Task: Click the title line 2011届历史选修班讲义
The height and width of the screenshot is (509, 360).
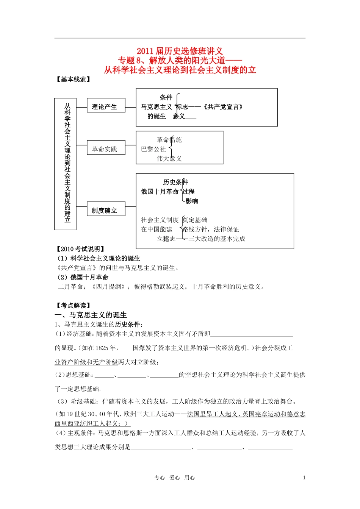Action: coord(180,51)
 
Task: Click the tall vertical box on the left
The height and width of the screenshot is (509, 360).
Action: coord(66,164)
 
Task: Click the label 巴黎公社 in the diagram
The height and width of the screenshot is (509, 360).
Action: coord(153,149)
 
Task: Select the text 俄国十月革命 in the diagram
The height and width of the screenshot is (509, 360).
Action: coord(160,192)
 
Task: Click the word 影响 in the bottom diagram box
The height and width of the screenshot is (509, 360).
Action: coord(192,201)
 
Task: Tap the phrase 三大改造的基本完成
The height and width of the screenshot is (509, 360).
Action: coord(217,239)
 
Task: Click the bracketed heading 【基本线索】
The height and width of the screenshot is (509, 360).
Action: coord(74,79)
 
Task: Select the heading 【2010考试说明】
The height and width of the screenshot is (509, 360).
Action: coord(80,249)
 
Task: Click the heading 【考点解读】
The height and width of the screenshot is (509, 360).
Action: coord(74,305)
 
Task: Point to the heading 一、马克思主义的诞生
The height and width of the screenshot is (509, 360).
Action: coord(91,315)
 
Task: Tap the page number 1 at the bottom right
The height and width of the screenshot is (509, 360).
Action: coord(304,478)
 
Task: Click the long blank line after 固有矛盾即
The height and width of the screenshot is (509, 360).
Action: coord(252,334)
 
